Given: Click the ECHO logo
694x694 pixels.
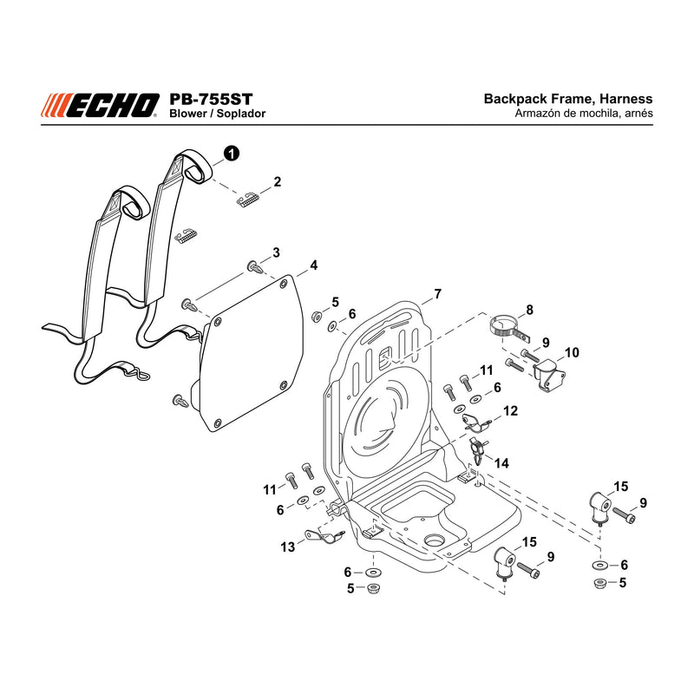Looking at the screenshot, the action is click(100, 106).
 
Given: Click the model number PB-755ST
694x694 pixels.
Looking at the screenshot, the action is click(211, 99).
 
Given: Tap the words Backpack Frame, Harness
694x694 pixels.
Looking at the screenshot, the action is click(568, 99).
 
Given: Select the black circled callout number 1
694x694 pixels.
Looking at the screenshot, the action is click(232, 154).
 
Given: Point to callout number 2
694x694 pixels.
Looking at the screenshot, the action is click(277, 181).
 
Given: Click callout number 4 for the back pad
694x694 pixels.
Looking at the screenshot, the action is click(313, 265).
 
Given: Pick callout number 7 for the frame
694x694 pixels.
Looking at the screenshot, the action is click(438, 294).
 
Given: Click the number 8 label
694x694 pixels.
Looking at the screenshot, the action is click(529, 310).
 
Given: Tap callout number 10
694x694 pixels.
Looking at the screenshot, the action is click(572, 352).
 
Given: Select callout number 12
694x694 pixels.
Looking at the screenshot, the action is click(510, 410).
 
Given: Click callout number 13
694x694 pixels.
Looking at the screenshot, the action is click(288, 547).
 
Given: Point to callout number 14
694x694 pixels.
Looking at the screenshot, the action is click(501, 463).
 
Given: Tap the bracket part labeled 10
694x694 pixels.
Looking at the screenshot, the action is click(549, 374).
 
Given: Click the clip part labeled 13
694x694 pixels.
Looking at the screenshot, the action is click(324, 536).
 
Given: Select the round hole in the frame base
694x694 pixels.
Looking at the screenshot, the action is click(434, 540).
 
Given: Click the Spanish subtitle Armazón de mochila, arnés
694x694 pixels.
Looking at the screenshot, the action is click(583, 114).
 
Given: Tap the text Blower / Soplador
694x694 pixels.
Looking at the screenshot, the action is click(218, 114).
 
